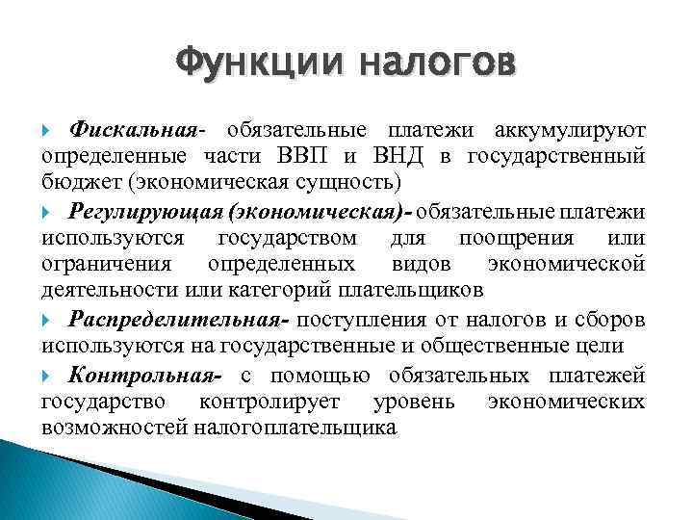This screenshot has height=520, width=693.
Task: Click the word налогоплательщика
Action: [295, 426]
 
